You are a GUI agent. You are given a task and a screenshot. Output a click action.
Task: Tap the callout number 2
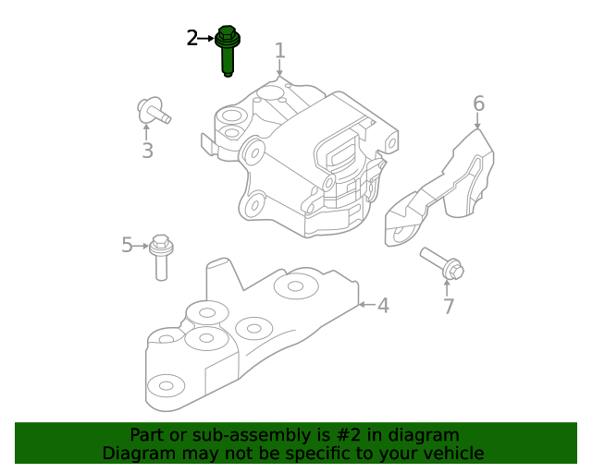point(191,38)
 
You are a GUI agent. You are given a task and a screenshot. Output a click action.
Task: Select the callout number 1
point(279,50)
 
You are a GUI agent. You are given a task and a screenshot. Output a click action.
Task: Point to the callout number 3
point(147,151)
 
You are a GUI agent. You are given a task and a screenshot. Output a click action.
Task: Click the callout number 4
point(382,305)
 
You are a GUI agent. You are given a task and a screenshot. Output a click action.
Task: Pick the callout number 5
point(128,245)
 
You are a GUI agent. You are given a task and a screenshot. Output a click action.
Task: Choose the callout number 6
point(478,103)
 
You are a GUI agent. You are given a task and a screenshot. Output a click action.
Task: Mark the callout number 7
point(448,306)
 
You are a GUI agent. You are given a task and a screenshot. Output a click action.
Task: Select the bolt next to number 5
point(162,255)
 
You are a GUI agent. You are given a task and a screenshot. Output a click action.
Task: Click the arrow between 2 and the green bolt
point(206,38)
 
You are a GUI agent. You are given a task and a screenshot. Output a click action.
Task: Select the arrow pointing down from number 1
point(279,67)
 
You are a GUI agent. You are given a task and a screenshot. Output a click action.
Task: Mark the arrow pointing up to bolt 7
point(448,286)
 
